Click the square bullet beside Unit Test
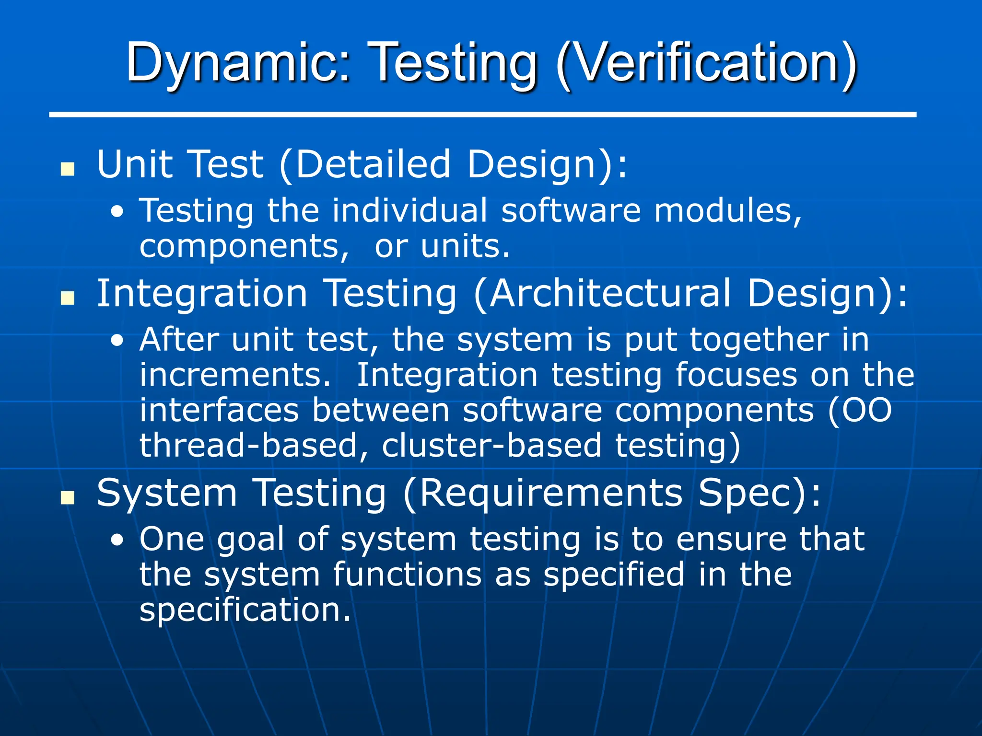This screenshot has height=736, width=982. (68, 169)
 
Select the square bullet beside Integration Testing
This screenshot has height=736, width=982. (68, 298)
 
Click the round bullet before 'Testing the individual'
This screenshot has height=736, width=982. (117, 212)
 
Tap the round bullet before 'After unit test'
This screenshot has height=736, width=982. (117, 341)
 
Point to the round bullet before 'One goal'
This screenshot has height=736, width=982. (117, 540)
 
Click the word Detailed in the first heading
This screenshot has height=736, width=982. (373, 164)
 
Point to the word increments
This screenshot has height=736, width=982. (235, 375)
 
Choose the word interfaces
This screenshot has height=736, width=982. (219, 411)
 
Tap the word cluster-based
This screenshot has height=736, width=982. (491, 446)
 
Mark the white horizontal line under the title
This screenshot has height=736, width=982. (482, 115)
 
